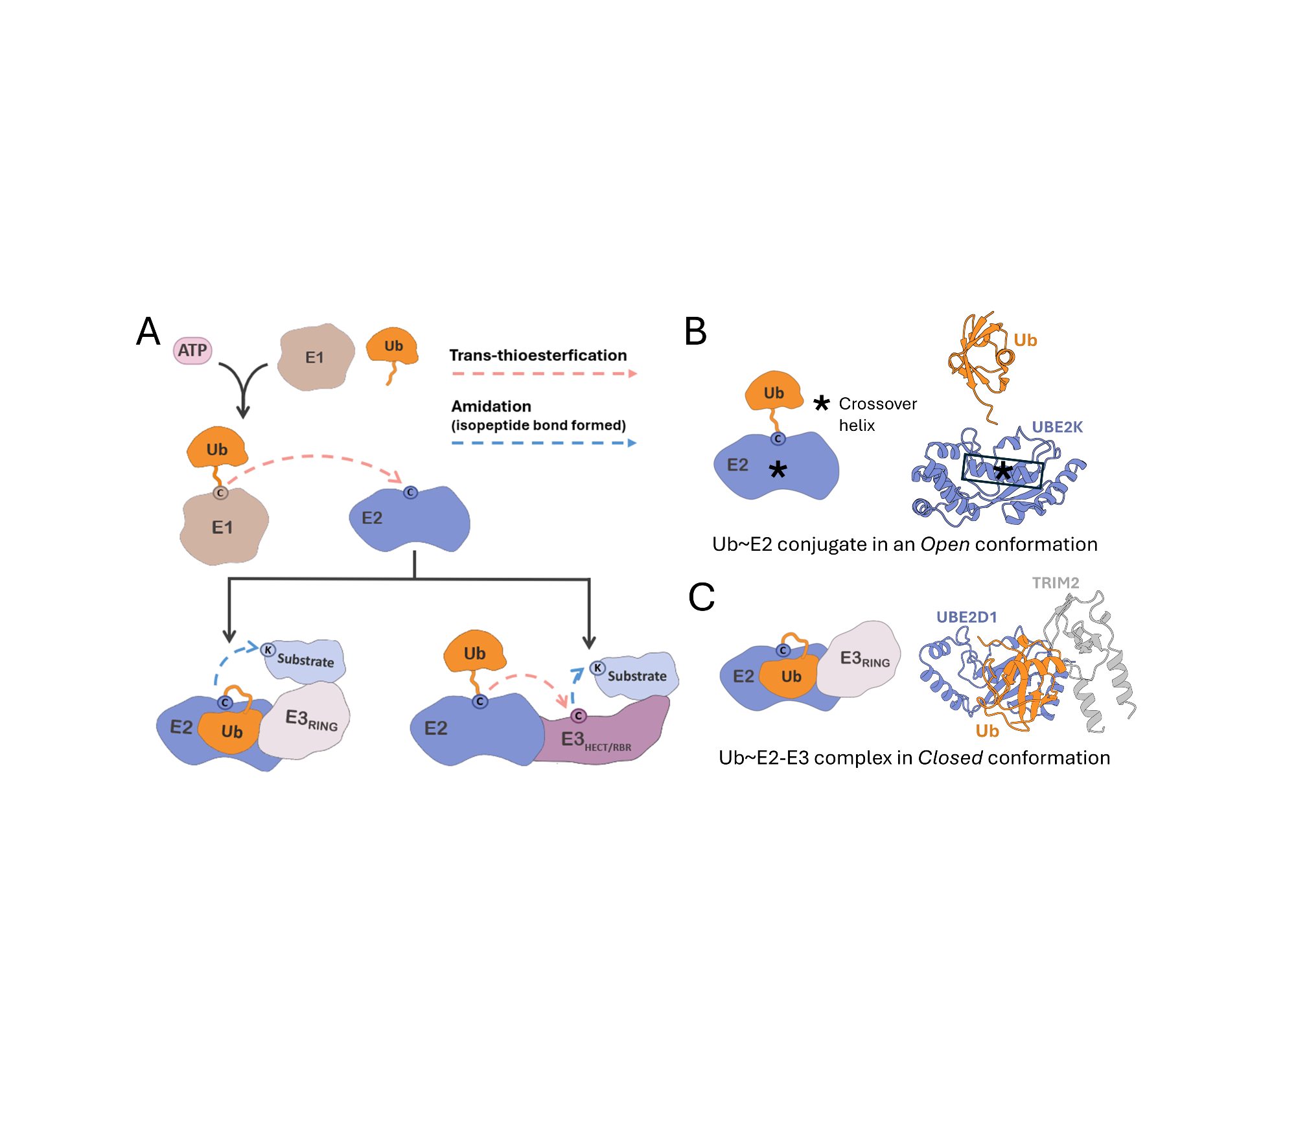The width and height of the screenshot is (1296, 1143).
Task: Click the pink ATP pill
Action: coord(192,351)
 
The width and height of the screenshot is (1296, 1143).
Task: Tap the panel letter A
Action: coord(148,332)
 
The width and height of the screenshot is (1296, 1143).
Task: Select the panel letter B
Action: coord(695,332)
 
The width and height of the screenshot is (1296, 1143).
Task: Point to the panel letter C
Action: coord(701,597)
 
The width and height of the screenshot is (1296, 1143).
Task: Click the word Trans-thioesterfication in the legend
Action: coord(538,355)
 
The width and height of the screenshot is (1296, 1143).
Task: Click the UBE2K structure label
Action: coord(1057,427)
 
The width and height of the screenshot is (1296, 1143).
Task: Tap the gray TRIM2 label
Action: coord(1055,583)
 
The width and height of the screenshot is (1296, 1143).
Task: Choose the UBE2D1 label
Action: coord(966,617)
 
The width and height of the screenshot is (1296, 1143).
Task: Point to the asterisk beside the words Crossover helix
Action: coord(821,403)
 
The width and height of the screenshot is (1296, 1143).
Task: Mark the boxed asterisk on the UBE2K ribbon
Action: coord(1002,470)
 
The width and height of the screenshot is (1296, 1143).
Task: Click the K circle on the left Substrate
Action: coord(268,650)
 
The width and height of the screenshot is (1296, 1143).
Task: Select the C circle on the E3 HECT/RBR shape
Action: coord(579,716)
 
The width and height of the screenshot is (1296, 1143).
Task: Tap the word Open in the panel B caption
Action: coord(945,544)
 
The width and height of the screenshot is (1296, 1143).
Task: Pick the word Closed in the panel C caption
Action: coord(950,757)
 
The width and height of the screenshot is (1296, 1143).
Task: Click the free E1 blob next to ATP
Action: coord(316,357)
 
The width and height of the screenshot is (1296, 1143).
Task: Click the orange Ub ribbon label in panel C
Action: coord(987,731)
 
